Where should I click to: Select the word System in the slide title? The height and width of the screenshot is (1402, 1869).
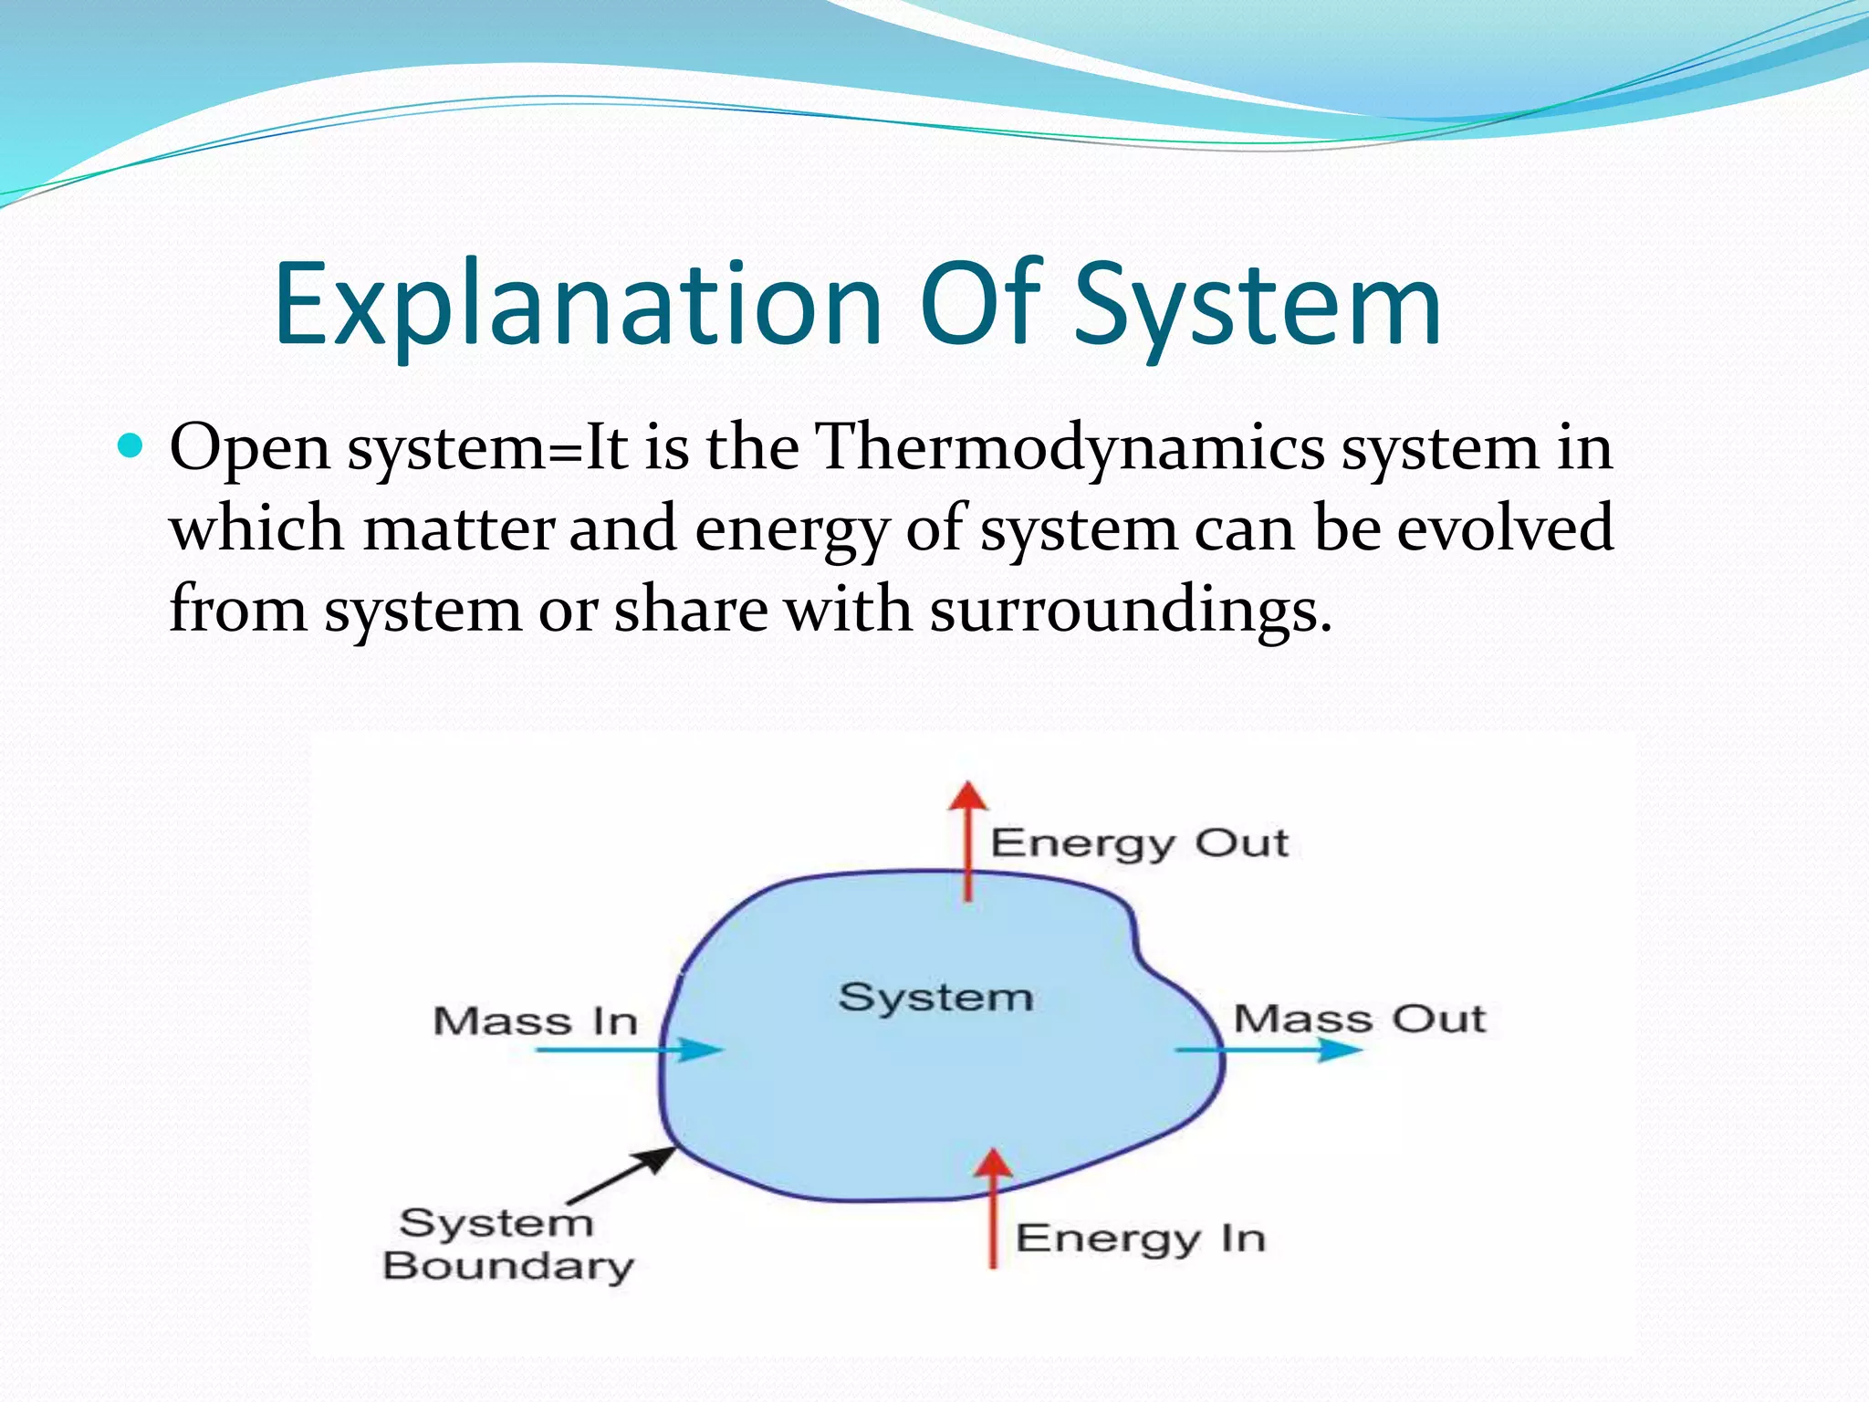[x=1257, y=306]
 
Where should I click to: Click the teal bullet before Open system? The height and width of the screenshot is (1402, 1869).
[x=131, y=446]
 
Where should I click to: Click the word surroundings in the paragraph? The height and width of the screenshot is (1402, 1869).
[x=1130, y=609]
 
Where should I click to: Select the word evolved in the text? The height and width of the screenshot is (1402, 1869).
[x=1505, y=528]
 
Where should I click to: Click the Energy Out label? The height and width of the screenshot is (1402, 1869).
[x=1139, y=843]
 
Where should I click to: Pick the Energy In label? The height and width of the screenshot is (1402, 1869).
[x=1140, y=1239]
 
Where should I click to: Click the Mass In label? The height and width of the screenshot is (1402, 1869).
[x=536, y=1021]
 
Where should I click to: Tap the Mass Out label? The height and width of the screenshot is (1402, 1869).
[x=1359, y=1019]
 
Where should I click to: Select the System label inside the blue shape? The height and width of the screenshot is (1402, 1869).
[x=935, y=997]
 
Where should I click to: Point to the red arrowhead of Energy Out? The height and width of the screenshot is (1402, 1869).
[x=967, y=796]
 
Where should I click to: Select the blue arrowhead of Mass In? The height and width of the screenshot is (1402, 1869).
[x=704, y=1050]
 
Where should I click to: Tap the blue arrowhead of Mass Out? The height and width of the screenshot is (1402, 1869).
[x=1342, y=1050]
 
